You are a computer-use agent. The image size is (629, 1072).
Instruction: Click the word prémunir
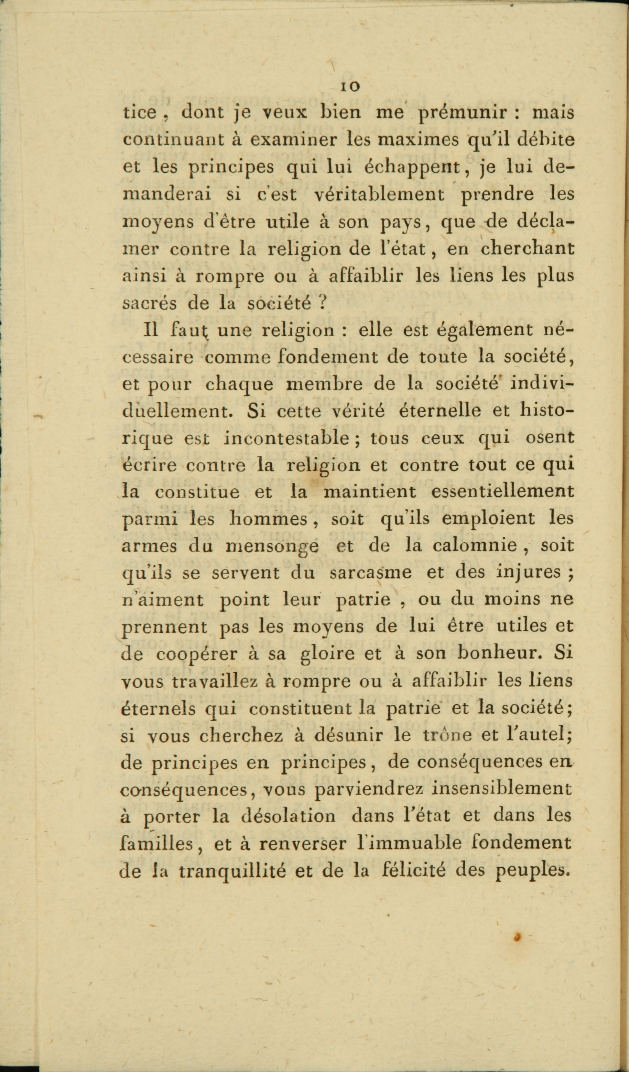pos(463,112)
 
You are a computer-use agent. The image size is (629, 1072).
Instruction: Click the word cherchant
pos(527,248)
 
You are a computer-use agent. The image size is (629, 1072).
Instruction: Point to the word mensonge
pos(272,547)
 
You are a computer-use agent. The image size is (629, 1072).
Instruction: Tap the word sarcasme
pos(370,573)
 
